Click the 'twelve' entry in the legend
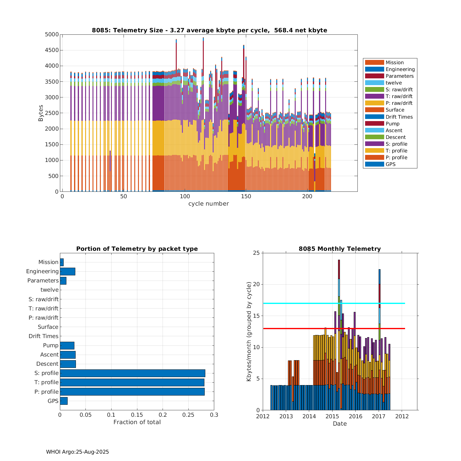[x=394, y=83]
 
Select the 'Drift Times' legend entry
[x=399, y=117]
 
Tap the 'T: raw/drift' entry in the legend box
[x=399, y=96]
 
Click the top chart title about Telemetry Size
[x=209, y=30]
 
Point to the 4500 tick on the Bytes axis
[x=52, y=50]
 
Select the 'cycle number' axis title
[x=208, y=203]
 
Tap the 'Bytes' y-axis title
[x=41, y=113]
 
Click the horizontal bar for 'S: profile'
[x=132, y=373]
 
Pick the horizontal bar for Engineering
[x=68, y=271]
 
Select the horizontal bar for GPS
[x=64, y=401]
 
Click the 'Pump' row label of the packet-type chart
[x=51, y=345]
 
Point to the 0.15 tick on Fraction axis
[x=137, y=415]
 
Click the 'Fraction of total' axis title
[x=137, y=422]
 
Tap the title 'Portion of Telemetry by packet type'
[x=137, y=249]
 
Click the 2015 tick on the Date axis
[x=332, y=416]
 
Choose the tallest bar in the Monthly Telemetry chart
[x=339, y=335]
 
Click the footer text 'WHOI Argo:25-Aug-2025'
[x=77, y=452]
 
